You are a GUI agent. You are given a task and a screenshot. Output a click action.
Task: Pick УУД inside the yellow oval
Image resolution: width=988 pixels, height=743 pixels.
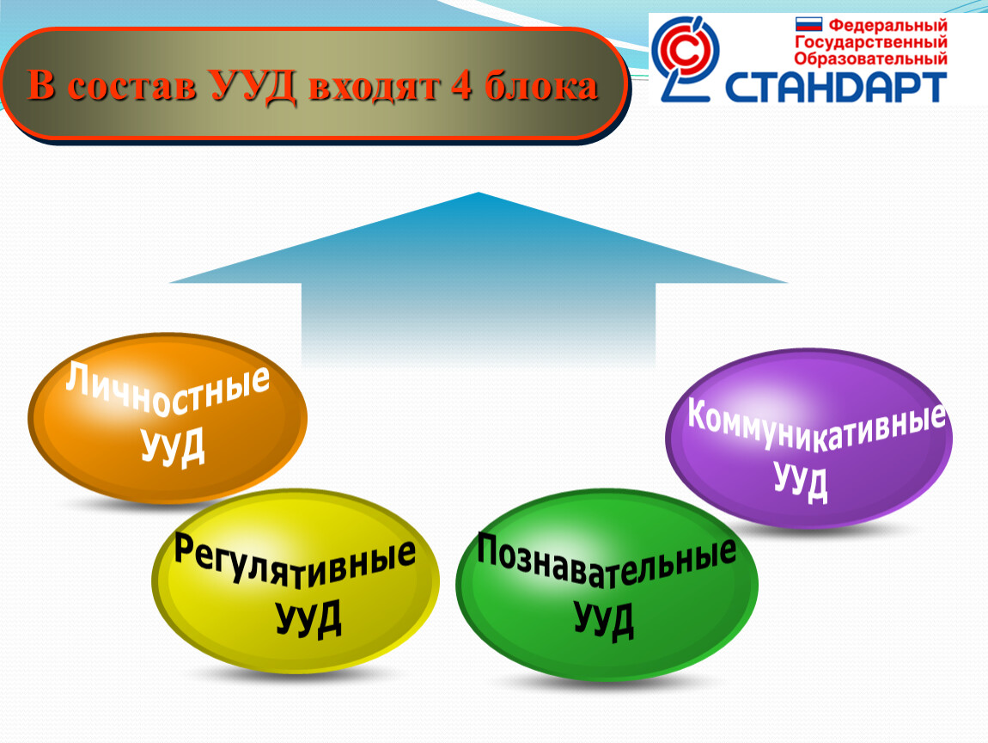(308, 617)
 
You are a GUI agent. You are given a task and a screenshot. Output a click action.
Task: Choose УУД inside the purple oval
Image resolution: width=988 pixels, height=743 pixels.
(801, 482)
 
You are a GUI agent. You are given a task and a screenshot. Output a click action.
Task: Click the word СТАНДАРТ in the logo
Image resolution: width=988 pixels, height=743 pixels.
(837, 86)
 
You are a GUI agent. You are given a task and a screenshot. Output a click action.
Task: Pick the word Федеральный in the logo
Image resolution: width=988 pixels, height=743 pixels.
(887, 26)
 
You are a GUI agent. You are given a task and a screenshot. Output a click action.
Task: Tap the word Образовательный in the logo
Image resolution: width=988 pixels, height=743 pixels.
(870, 58)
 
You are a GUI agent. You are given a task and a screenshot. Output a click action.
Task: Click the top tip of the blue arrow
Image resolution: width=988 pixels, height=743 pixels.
(478, 193)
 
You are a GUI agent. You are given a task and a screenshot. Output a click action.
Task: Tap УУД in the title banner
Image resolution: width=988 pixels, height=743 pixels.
(251, 87)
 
